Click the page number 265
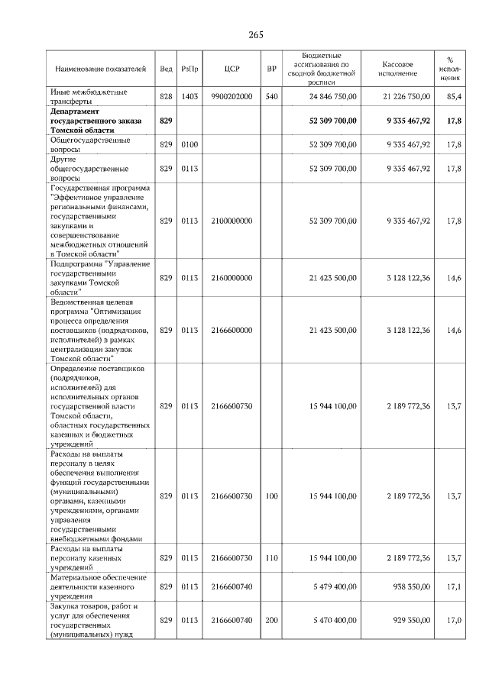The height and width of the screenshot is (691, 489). click(256, 35)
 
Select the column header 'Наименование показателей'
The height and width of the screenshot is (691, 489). click(100, 69)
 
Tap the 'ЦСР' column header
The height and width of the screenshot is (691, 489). click(233, 69)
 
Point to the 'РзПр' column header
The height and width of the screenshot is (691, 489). click(190, 69)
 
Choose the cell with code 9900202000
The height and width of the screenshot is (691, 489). click(232, 96)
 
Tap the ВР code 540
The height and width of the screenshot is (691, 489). click(271, 96)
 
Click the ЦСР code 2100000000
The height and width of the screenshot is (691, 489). click(232, 221)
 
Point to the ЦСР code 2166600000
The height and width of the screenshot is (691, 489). click(232, 330)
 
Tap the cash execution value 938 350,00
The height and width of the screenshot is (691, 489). click(408, 589)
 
